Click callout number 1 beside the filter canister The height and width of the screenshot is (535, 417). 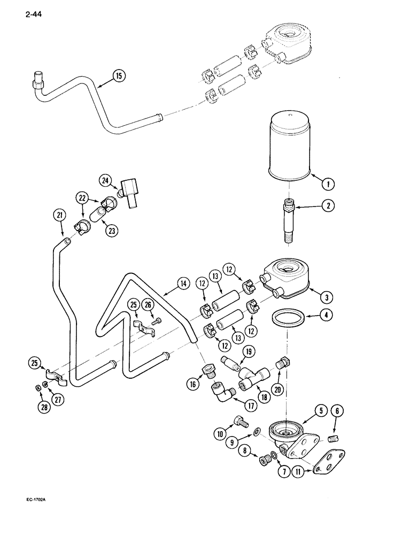pyautogui.click(x=329, y=184)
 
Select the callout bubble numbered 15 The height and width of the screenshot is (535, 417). pyautogui.click(x=119, y=76)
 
